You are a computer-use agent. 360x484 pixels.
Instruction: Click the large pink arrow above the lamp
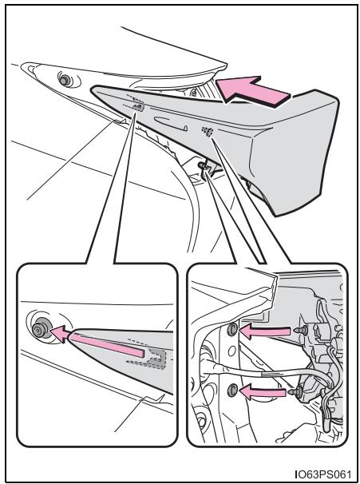pyautogui.click(x=251, y=91)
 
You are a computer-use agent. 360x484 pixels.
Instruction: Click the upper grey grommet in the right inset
pyautogui.click(x=232, y=330)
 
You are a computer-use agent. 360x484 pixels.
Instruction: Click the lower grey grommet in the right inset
pyautogui.click(x=232, y=391)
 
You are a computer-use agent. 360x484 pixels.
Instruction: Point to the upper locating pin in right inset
pyautogui.click(x=301, y=331)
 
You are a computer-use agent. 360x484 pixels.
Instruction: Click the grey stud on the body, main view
pyautogui.click(x=65, y=80)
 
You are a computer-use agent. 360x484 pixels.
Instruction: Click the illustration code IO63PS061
pyautogui.click(x=323, y=473)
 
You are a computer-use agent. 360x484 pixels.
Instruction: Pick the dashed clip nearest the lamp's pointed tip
pyautogui.click(x=138, y=106)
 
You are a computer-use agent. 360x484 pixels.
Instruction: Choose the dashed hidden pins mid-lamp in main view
pyautogui.click(x=208, y=132)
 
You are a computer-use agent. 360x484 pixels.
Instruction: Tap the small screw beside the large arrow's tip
pyautogui.click(x=193, y=92)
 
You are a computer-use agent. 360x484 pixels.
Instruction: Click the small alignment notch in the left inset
pyautogui.click(x=153, y=399)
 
